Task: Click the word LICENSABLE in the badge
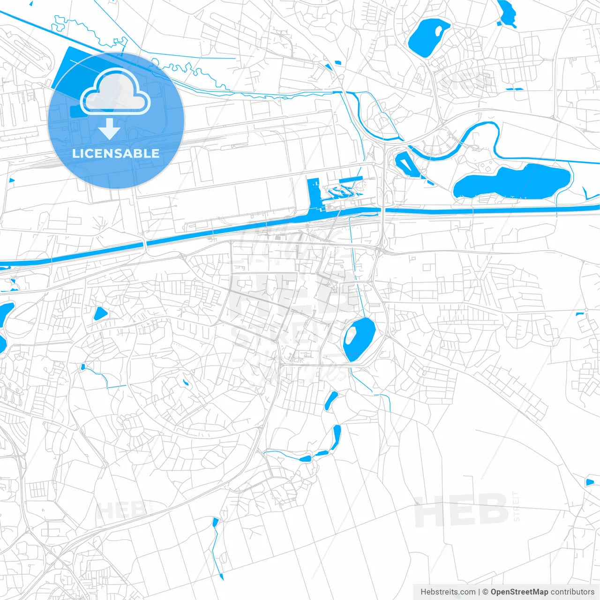point(116,153)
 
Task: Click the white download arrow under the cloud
point(109,129)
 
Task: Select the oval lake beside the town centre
point(359,338)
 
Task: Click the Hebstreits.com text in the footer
point(448,592)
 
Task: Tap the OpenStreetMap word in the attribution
point(519,592)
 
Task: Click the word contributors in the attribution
point(572,592)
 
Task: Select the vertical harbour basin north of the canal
point(313,193)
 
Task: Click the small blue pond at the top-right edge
point(506,11)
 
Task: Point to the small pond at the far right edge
point(589,482)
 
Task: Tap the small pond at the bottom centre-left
point(216,522)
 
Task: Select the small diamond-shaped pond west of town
point(100,313)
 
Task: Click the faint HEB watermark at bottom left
point(120,510)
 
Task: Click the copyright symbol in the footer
point(485,592)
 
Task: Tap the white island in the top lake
point(439,31)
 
